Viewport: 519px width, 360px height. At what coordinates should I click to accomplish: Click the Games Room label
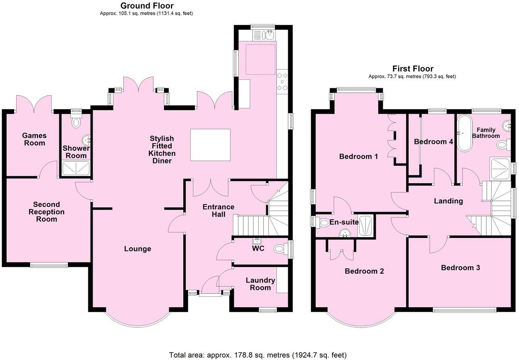[x=34, y=139]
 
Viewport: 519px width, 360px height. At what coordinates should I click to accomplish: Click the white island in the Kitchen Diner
[x=210, y=144]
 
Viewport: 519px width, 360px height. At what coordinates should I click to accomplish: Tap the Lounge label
[x=137, y=249]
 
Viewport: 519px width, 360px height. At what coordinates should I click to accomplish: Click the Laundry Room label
[x=260, y=284]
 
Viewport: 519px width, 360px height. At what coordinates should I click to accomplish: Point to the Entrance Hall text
[x=218, y=210]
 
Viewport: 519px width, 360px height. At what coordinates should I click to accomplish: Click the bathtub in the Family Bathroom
[x=465, y=134]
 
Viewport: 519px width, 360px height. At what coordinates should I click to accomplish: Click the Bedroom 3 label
[x=460, y=268]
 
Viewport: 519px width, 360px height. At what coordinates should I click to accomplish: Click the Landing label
[x=448, y=201]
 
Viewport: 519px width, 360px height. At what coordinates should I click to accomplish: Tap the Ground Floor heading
[x=147, y=6]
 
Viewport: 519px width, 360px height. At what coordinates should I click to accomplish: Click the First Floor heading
[x=413, y=69]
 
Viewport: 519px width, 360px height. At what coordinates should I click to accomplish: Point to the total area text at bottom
[x=257, y=355]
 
